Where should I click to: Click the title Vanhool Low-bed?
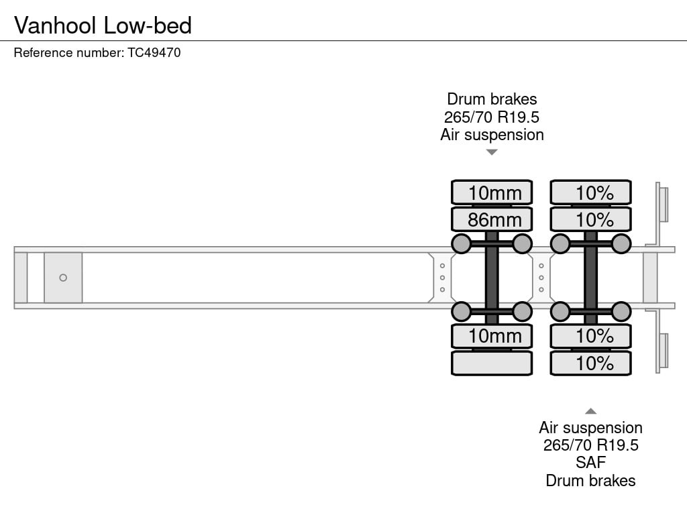point(103,25)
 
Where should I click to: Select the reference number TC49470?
point(154,52)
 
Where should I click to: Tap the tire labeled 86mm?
point(492,219)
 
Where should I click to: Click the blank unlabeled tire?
point(492,363)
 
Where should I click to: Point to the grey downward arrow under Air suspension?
point(492,152)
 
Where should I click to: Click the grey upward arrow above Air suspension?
point(590,411)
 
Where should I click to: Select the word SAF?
point(590,463)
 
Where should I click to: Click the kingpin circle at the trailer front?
point(63,278)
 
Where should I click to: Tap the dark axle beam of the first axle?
point(492,278)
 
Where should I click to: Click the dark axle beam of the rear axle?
point(590,278)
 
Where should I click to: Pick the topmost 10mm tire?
point(492,192)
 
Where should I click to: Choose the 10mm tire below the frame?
point(492,336)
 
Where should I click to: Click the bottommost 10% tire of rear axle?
point(590,363)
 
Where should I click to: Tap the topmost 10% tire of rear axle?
point(590,192)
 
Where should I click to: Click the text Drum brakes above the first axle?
point(492,99)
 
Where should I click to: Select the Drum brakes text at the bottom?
point(590,480)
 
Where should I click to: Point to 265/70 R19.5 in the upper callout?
point(492,117)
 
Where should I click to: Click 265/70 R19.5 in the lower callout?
point(590,445)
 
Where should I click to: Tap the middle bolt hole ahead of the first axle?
point(442,278)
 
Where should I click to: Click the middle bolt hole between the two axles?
point(541,278)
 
